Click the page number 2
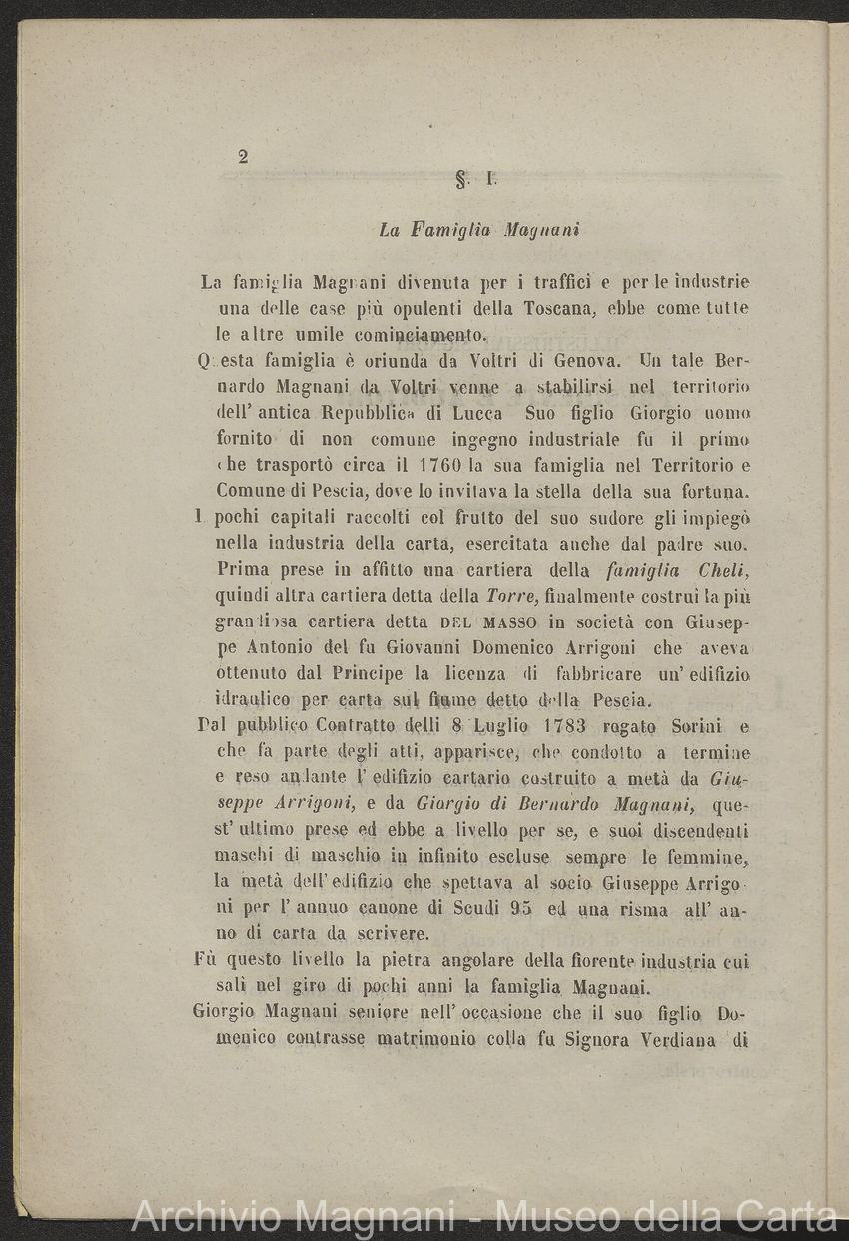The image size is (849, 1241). coord(243,156)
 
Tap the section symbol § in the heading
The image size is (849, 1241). coord(461,180)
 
